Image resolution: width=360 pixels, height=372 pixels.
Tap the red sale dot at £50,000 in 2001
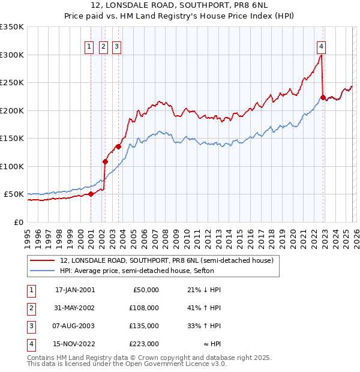pos(91,194)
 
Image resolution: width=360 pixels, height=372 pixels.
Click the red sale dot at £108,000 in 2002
pos(106,161)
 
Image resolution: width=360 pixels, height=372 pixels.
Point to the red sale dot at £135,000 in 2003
pos(118,146)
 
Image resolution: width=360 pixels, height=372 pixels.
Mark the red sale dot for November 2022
pos(323,97)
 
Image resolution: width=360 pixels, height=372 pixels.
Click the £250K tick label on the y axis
pos(12,83)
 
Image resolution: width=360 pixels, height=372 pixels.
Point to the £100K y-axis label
pos(12,166)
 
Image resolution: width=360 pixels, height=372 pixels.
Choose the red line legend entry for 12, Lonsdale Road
pos(167,260)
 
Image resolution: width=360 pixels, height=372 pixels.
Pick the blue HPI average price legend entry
pos(149,271)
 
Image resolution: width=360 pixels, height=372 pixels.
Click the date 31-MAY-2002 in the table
pos(75,308)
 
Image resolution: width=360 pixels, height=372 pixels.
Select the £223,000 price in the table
pos(144,344)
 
